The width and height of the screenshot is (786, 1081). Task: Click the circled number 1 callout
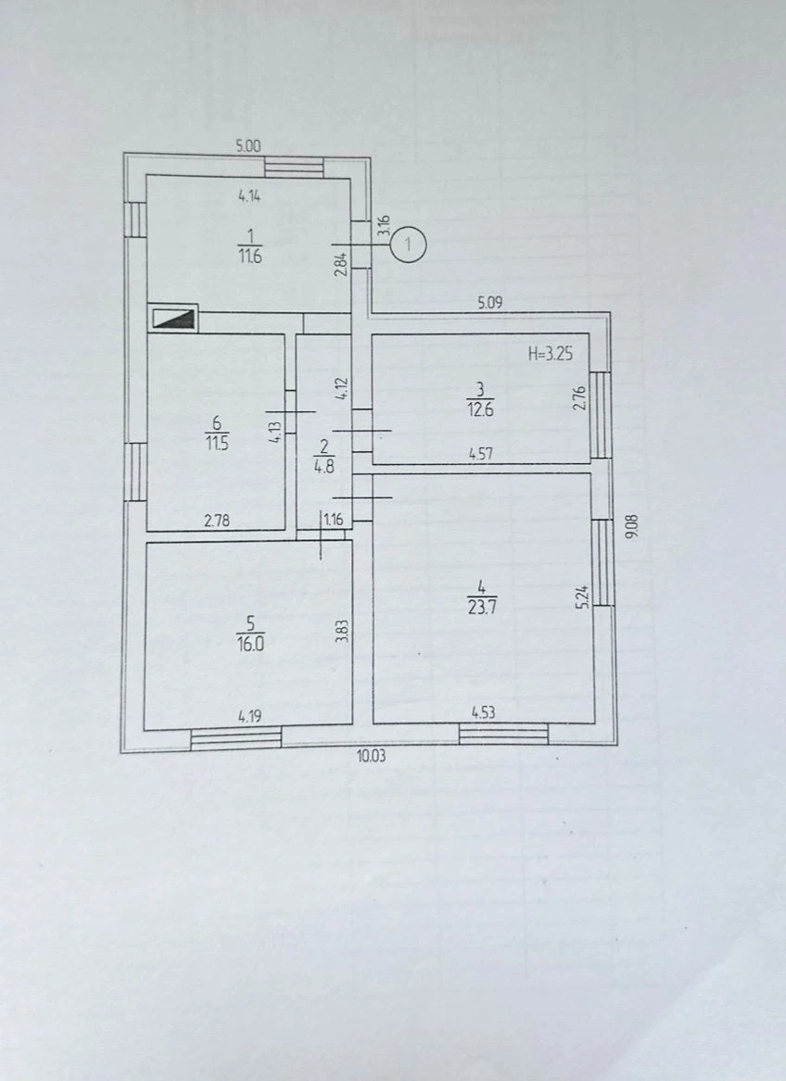point(409,244)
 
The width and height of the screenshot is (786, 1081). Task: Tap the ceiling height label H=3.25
point(550,355)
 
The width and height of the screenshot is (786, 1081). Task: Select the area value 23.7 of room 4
point(482,608)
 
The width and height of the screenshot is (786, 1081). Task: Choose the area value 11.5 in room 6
point(217,443)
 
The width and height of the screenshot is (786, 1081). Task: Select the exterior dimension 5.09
point(490,302)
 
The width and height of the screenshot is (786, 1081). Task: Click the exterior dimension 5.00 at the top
point(248,145)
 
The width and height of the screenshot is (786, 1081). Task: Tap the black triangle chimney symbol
point(172,319)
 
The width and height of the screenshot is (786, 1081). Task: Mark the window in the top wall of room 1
point(294,166)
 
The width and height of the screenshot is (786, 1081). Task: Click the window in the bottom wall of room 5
point(236,737)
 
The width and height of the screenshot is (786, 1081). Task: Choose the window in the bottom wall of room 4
point(503,734)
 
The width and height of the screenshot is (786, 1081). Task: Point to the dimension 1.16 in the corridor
point(334,520)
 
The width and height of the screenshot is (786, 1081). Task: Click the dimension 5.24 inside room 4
point(583,597)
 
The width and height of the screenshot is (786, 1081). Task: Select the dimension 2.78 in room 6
point(217,521)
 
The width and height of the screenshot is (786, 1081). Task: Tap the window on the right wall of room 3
point(601,415)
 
